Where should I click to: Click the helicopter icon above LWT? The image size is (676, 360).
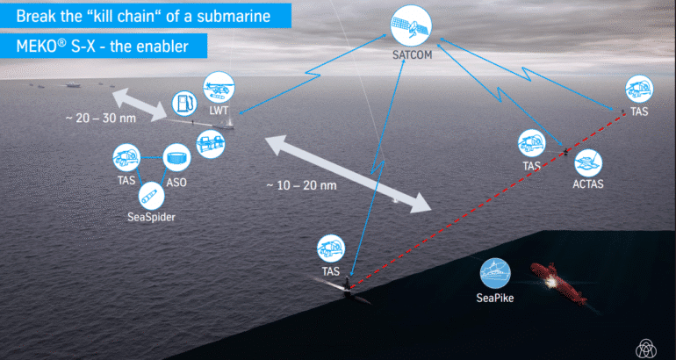pos(216,90)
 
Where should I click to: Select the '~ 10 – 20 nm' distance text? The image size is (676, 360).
pos(302,185)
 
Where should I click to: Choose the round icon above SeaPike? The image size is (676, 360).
pos(496,272)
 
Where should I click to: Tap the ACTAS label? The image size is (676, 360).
pos(588,185)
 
